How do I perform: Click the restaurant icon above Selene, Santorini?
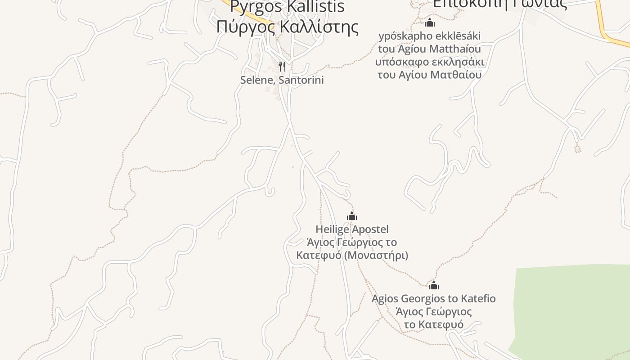[x=282, y=67]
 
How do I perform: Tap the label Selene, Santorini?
[x=282, y=80]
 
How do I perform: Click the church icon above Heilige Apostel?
[x=352, y=216]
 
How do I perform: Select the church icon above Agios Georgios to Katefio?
[x=434, y=285]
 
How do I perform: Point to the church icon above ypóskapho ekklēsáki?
[x=430, y=22]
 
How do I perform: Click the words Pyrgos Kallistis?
[x=287, y=7]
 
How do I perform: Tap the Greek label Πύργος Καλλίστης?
[x=287, y=27]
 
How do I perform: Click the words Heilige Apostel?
[x=352, y=229]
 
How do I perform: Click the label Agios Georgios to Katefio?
[x=433, y=299]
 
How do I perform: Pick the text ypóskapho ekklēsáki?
[x=430, y=36]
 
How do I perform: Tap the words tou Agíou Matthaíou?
[x=429, y=49]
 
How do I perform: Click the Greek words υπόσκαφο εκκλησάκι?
[x=429, y=62]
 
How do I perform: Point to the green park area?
[x=571, y=306]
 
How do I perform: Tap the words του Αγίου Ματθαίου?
[x=429, y=75]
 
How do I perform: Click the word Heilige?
[x=332, y=229]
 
